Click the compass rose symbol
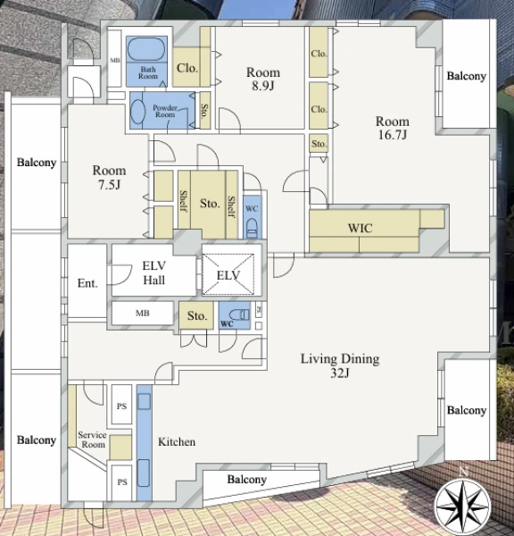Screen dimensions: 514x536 (x=462, y=506)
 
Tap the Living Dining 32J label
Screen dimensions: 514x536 (x=340, y=365)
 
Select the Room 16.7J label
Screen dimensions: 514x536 (x=392, y=128)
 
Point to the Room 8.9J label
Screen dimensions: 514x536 (x=263, y=79)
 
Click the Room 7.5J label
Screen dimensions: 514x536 (x=109, y=177)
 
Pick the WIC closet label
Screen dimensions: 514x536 (x=360, y=228)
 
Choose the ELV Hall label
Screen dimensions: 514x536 (x=154, y=272)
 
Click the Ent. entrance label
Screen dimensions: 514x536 (x=87, y=283)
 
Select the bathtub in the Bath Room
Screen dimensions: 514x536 (x=146, y=49)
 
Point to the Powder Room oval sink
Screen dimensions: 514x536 (x=138, y=112)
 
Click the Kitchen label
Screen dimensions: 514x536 (x=177, y=441)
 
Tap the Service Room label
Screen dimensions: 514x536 (x=92, y=440)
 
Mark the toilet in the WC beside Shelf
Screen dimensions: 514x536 (x=252, y=228)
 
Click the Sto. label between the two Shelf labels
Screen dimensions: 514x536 (x=210, y=204)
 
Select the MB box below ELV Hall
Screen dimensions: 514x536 (x=143, y=313)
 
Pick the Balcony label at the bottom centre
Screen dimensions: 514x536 (x=247, y=479)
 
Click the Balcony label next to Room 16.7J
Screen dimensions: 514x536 (x=467, y=76)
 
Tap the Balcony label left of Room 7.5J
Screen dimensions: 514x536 (x=37, y=163)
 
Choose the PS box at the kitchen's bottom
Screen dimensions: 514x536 (x=122, y=482)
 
